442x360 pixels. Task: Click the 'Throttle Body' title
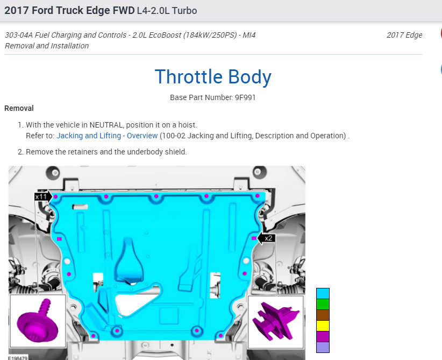(213, 77)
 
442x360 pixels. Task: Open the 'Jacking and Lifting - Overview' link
(107, 136)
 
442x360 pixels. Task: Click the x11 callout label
(41, 196)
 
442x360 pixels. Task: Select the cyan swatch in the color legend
(323, 294)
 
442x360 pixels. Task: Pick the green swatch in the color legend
(323, 305)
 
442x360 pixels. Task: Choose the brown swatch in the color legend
(323, 315)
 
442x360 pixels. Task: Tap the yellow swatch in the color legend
(323, 326)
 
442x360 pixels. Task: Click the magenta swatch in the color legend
(323, 336)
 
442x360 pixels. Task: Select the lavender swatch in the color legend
(323, 347)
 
